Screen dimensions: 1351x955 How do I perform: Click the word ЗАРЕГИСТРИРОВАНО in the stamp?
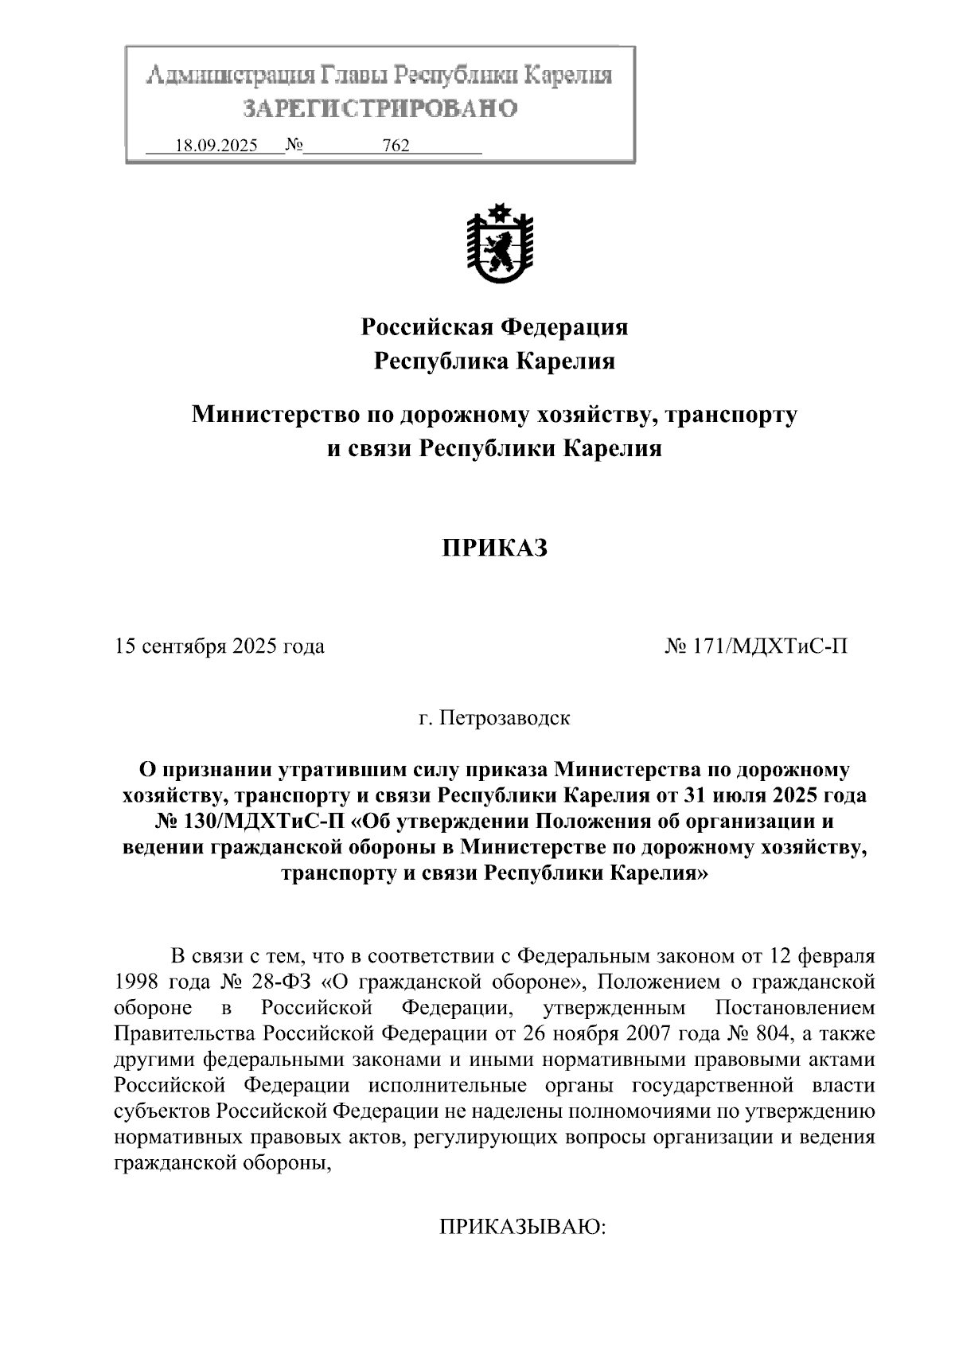pos(380,107)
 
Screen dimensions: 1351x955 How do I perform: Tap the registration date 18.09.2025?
pos(216,146)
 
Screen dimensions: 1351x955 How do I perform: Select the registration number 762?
pos(396,146)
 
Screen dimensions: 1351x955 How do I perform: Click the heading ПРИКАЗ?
pos(495,549)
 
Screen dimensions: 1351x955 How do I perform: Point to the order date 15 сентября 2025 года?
pos(220,646)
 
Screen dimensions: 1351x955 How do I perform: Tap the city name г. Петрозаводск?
pos(495,718)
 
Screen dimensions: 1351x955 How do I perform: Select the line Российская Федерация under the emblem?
pos(495,326)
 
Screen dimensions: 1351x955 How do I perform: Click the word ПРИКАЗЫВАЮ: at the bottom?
pos(523,1228)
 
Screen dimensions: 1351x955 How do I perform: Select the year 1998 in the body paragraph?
pos(137,981)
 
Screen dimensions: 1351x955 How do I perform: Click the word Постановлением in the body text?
pos(795,1007)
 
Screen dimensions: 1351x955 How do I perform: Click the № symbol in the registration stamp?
pos(294,146)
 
